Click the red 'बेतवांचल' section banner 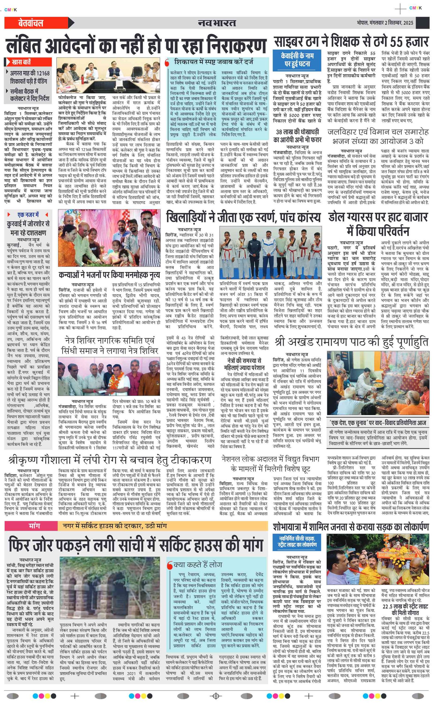click(31, 23)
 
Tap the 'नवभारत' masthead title click(217, 23)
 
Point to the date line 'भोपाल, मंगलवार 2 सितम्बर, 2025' click(385, 23)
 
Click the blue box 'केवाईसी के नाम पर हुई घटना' click(297, 60)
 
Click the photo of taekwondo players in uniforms click(270, 252)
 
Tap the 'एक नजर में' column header click(28, 215)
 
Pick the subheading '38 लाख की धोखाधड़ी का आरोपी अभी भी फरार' click(297, 136)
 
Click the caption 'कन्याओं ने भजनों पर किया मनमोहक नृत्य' click(109, 275)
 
